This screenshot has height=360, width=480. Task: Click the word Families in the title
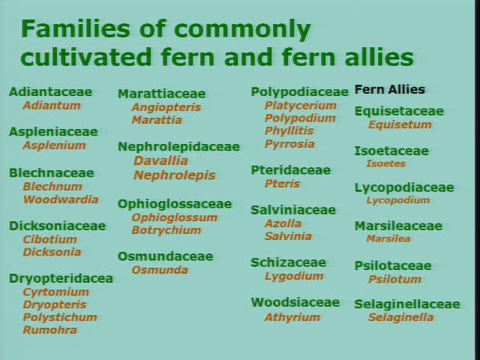(x=76, y=28)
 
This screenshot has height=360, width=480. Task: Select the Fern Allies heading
(x=390, y=89)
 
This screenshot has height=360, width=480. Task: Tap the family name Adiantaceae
(x=50, y=91)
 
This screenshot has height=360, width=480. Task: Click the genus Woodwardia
(x=61, y=199)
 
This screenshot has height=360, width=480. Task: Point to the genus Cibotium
(x=50, y=239)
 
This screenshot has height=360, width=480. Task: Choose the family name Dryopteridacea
(x=61, y=279)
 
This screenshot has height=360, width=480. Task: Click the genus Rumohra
(x=50, y=330)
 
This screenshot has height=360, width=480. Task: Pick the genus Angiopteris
(x=166, y=107)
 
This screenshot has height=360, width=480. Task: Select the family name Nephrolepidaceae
(x=178, y=147)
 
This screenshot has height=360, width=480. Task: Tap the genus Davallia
(x=160, y=160)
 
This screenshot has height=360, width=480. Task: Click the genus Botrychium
(x=166, y=230)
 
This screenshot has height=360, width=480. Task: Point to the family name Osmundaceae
(x=165, y=256)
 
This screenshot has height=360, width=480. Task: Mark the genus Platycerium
(x=301, y=106)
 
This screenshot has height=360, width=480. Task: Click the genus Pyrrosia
(x=289, y=144)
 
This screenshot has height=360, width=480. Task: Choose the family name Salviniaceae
(x=293, y=210)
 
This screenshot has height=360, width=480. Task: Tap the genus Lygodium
(x=294, y=277)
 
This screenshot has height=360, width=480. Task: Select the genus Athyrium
(x=292, y=317)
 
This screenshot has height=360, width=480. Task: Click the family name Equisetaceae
(x=399, y=112)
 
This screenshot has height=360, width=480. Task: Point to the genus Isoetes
(x=386, y=163)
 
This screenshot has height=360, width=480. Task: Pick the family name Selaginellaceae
(x=407, y=304)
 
